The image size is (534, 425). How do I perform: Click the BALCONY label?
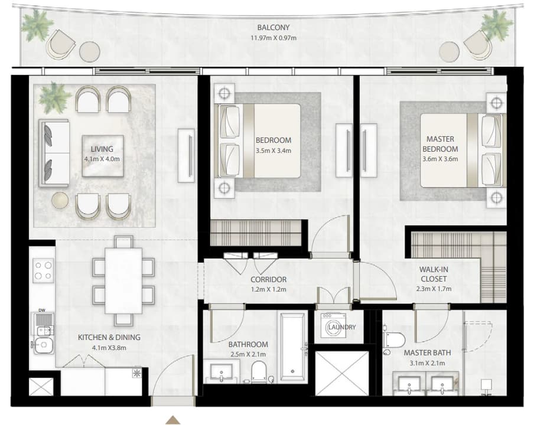(273, 27)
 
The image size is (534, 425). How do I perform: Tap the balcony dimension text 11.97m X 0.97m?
(273, 38)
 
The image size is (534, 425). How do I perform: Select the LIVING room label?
(102, 149)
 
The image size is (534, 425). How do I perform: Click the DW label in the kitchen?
(41, 310)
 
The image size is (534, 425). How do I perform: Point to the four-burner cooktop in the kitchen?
(43, 270)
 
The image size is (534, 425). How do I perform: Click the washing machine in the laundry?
(333, 325)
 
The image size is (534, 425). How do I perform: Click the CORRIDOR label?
(268, 279)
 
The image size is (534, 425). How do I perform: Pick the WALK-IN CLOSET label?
(434, 274)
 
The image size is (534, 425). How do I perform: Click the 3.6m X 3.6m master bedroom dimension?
(440, 159)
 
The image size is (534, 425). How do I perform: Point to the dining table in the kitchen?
(123, 280)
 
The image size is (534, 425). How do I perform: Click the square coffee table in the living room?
(103, 156)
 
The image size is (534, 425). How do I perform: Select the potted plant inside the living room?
(52, 97)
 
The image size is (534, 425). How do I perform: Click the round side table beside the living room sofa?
(60, 201)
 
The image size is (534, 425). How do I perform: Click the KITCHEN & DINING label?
(109, 337)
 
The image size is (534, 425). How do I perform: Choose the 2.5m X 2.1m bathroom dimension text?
(248, 354)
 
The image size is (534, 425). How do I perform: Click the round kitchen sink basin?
(43, 345)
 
